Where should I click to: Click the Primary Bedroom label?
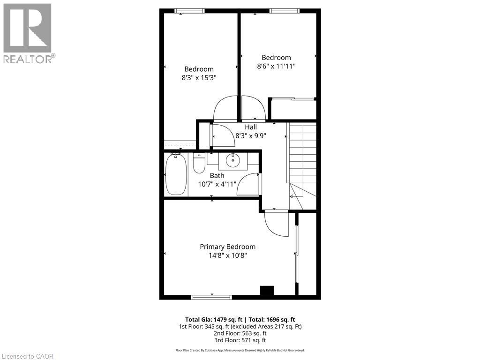point(227,247)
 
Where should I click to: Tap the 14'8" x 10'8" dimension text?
point(227,255)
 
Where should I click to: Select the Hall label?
point(250,127)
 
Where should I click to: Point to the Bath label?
point(217,175)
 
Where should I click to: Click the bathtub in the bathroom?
point(176,174)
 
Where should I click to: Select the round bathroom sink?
point(232,161)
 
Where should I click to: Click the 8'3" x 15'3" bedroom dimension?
point(199,78)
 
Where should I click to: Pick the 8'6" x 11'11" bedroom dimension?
point(276,67)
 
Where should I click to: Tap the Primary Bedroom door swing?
point(277,224)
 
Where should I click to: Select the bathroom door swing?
point(249,184)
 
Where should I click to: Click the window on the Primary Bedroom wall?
point(211,296)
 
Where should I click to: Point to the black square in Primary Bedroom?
point(267,291)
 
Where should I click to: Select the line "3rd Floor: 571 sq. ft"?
point(240,340)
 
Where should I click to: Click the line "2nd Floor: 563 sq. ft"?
point(240,333)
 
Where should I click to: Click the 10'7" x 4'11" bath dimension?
point(217,184)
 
